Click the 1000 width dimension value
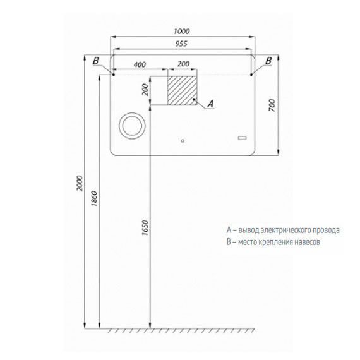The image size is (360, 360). tap(182, 31)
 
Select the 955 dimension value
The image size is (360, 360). tap(181, 44)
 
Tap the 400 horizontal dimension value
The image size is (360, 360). tap(140, 64)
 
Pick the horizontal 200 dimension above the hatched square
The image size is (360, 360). tap(183, 64)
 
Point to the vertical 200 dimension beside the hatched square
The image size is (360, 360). tap(145, 90)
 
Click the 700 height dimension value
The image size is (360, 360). tap(272, 105)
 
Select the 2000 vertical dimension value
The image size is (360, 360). tap(80, 183)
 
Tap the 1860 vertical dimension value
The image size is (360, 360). tap(94, 198)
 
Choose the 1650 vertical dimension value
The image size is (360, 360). tap(145, 227)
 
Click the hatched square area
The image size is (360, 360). tap(183, 90)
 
